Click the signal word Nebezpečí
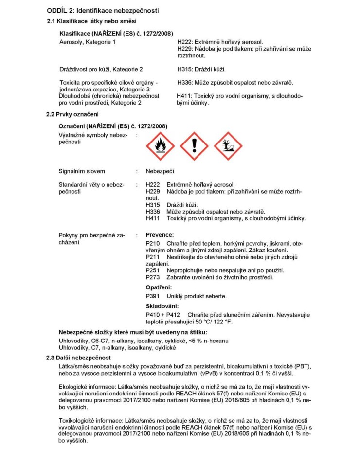click(x=160, y=171)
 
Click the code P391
click(x=153, y=296)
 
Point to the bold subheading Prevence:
click(x=160, y=235)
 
